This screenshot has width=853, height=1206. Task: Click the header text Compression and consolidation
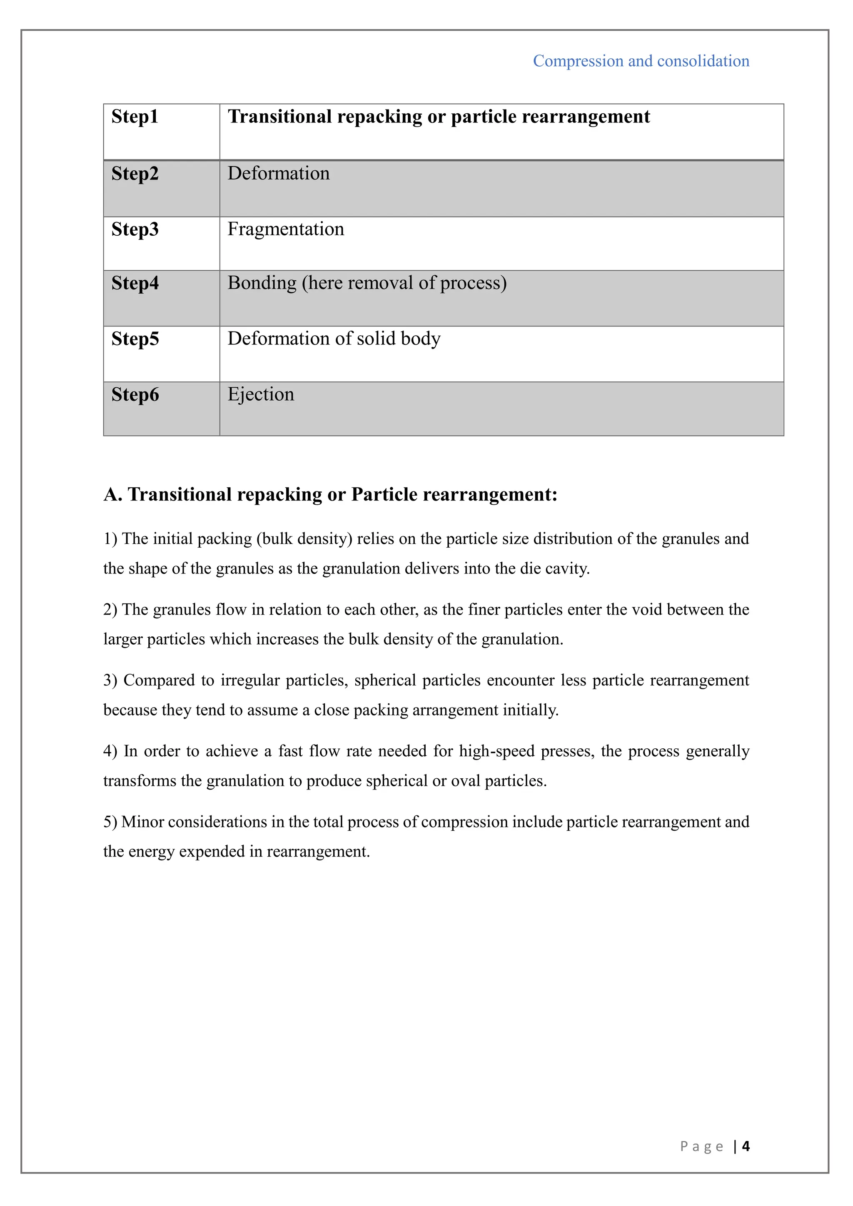[641, 61]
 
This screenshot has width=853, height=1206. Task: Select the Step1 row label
[135, 117]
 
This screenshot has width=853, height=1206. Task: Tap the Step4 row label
[135, 283]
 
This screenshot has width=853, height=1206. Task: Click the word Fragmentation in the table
[286, 229]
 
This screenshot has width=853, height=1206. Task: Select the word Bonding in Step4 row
[262, 283]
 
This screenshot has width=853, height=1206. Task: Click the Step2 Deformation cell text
[278, 173]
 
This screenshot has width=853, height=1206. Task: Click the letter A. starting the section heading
[112, 494]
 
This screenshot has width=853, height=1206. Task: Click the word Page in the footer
[702, 1146]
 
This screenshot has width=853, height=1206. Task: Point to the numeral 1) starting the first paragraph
[110, 539]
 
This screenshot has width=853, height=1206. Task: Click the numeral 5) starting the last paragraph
[110, 822]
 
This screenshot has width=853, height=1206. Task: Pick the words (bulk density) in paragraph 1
[304, 539]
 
